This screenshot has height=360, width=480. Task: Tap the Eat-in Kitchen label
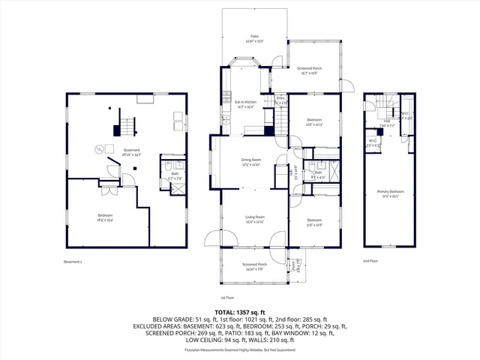tap(245, 102)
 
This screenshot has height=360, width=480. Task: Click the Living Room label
tap(255, 217)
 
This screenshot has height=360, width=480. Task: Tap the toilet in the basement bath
tap(169, 165)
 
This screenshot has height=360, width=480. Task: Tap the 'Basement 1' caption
tap(72, 262)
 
